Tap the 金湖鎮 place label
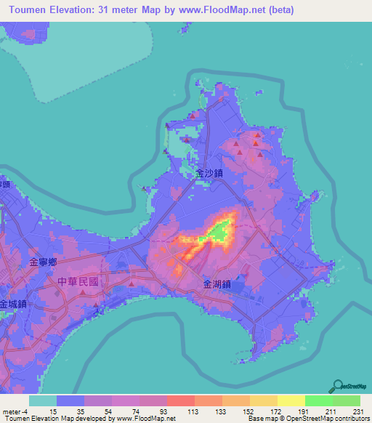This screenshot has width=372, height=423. tap(217, 285)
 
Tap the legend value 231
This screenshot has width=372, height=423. tap(357, 411)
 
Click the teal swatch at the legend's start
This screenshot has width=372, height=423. tap(43, 400)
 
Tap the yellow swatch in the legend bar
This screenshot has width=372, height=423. tap(291, 400)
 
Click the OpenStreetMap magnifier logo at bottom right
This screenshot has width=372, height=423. tap(339, 386)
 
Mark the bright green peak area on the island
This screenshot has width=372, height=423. tap(219, 230)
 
